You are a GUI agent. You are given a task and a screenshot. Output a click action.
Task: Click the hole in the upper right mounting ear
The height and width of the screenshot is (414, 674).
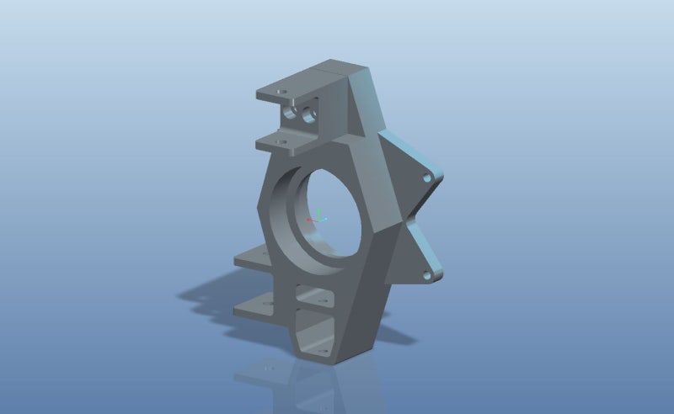pos(426,178)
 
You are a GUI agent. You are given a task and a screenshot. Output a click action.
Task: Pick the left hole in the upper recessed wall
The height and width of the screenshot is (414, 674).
pos(292,111)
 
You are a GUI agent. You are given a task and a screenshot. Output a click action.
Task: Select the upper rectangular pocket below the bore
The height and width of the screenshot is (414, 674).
pos(315,296)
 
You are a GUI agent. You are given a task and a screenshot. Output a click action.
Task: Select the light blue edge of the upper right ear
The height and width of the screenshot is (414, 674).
pos(413,152)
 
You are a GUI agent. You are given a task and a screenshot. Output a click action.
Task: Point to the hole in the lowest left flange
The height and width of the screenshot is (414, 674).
pos(267,302)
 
